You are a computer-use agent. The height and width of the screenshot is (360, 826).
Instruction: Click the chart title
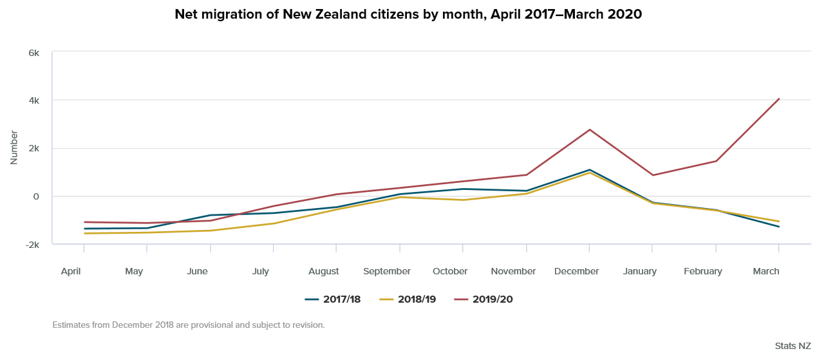(408, 14)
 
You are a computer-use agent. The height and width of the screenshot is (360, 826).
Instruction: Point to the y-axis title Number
(14, 148)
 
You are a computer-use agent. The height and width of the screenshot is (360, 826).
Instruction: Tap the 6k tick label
(34, 53)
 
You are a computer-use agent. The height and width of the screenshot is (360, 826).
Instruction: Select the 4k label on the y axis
(34, 100)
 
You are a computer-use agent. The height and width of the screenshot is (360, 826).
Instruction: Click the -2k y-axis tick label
(33, 245)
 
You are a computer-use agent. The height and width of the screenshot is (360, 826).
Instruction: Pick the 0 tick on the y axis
(37, 196)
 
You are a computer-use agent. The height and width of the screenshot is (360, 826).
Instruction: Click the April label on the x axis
(71, 271)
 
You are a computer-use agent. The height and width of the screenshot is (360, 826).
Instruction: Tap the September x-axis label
(387, 271)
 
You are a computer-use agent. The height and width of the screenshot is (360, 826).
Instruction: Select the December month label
(577, 271)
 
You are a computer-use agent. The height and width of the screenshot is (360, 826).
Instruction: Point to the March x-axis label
(766, 271)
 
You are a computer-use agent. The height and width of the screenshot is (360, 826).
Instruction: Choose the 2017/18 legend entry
(333, 299)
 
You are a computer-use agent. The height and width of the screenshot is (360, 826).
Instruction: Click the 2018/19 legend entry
(408, 299)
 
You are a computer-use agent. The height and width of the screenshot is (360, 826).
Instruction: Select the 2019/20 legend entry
(483, 299)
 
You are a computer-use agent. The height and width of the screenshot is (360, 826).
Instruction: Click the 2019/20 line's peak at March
(779, 99)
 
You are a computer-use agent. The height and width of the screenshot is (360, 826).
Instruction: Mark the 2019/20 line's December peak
(590, 130)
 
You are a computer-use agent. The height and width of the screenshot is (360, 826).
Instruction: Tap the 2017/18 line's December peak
(590, 170)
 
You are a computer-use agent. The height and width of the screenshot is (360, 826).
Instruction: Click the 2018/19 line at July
(274, 223)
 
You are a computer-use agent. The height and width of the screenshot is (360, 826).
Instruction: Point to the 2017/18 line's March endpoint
(779, 227)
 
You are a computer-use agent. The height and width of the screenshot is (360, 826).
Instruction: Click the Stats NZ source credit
(793, 346)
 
